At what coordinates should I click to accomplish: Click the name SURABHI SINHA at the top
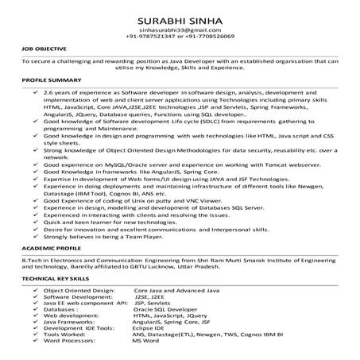coord(180,18)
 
